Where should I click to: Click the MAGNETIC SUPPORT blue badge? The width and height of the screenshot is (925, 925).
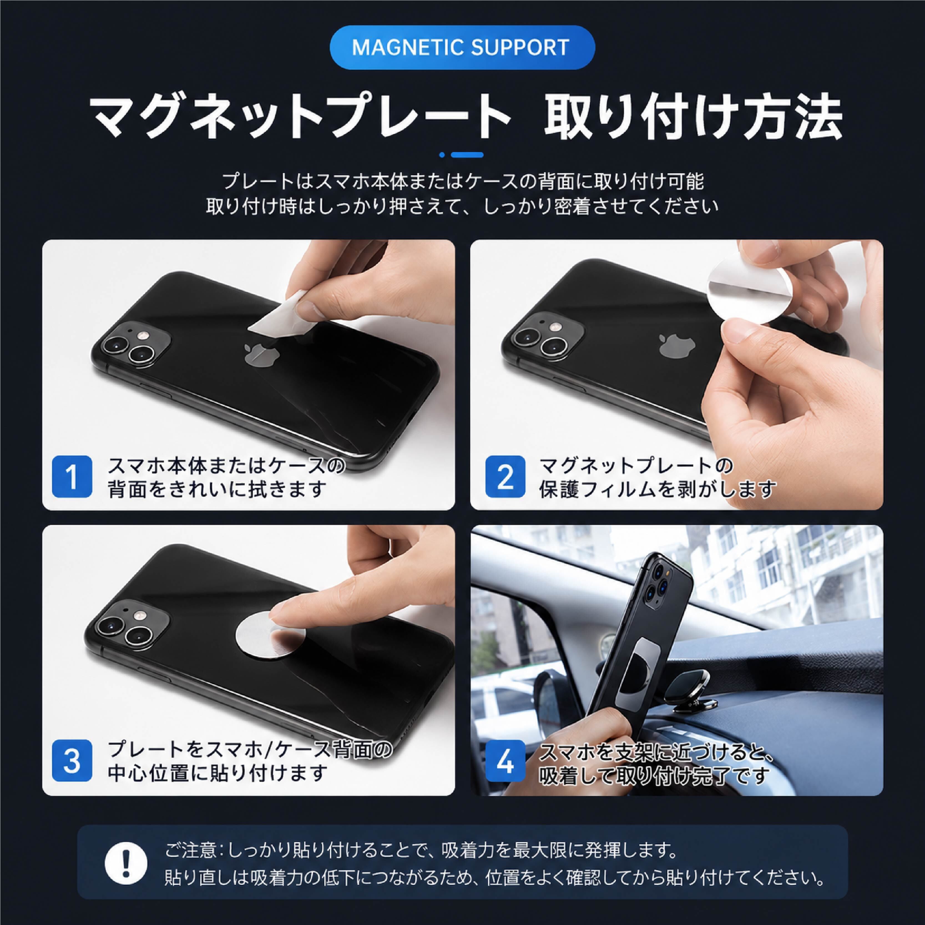[462, 47]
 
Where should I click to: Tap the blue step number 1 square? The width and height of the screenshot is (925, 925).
[72, 476]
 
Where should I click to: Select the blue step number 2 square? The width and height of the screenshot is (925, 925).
[506, 476]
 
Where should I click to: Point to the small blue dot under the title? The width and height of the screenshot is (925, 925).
[442, 155]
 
